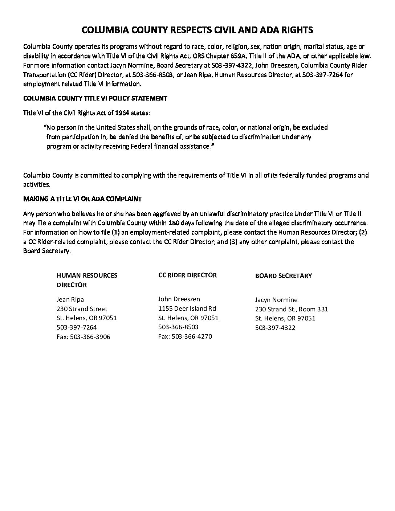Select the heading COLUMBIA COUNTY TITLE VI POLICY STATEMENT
[x=95, y=98]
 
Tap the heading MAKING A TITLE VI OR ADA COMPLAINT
[x=82, y=199]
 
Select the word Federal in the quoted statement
[x=150, y=146]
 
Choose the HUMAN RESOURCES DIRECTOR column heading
[x=87, y=280]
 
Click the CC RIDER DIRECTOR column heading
[x=187, y=275]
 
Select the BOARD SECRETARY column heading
[x=283, y=276]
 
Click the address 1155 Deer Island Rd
[x=187, y=308]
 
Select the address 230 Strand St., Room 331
[x=291, y=309]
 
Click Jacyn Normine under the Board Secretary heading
[x=276, y=300]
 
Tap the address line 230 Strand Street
[x=82, y=309]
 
